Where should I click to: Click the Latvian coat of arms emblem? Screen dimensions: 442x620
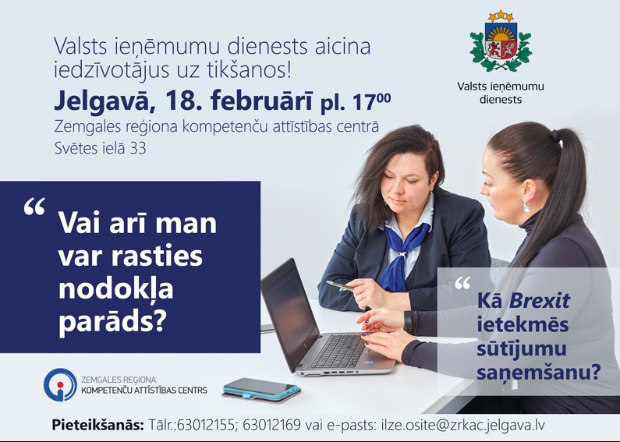(x=500, y=41)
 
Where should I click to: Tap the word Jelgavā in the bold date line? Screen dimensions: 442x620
(x=94, y=100)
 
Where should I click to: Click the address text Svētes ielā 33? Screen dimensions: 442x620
(x=100, y=147)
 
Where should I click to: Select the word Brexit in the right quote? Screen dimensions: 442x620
(x=540, y=300)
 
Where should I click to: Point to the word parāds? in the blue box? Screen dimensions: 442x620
(x=113, y=320)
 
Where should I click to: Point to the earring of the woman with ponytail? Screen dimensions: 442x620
(x=526, y=207)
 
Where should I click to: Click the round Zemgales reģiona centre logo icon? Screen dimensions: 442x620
(x=60, y=384)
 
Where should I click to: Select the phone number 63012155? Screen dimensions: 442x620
(x=205, y=426)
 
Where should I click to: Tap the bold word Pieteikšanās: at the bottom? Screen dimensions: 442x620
(x=97, y=426)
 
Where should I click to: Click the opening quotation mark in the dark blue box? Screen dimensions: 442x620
(x=34, y=208)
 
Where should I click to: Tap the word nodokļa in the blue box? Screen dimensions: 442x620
(x=115, y=288)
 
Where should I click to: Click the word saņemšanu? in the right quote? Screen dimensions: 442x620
(x=538, y=373)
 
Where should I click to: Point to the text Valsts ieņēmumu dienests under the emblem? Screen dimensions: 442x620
(x=501, y=92)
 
